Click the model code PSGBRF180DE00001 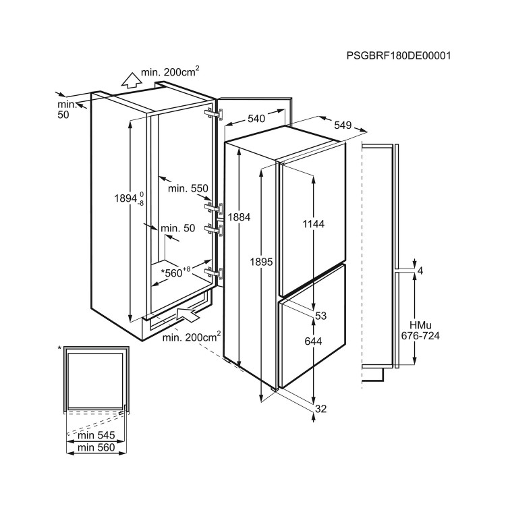399,55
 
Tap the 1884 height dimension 239,217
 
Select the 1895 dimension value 261,262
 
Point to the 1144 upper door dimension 313,223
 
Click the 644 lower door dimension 313,341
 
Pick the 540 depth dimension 256,119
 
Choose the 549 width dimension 343,125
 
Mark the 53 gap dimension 320,316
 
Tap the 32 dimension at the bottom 320,409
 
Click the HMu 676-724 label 420,330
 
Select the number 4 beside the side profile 420,271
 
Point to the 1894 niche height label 129,198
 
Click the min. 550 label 188,188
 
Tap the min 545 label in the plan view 96,435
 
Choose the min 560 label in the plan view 96,447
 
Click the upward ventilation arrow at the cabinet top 131,80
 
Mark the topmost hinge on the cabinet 214,114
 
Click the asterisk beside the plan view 59,348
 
